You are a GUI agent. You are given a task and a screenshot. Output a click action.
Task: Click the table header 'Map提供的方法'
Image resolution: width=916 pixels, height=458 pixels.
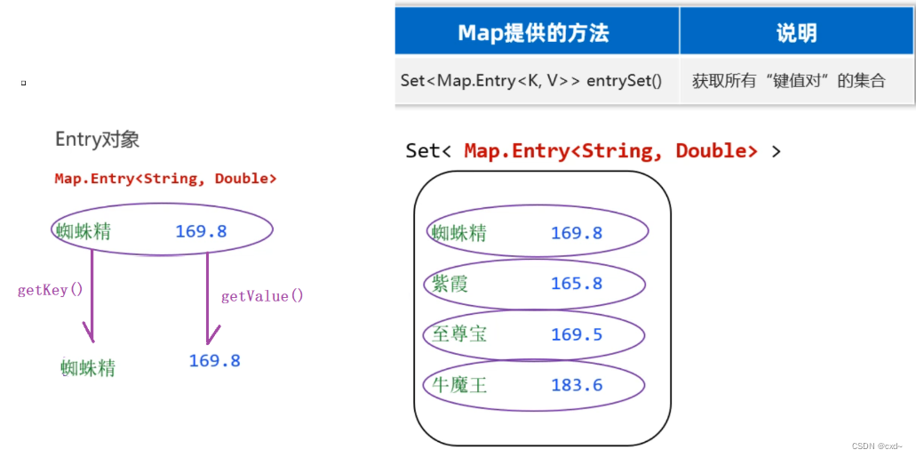(x=533, y=34)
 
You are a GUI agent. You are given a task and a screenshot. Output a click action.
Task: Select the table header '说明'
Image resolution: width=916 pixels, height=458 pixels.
(x=796, y=34)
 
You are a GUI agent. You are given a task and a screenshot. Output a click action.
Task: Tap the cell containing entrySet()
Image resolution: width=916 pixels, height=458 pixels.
(x=531, y=80)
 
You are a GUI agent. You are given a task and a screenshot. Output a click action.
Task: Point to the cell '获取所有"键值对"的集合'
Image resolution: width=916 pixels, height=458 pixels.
(x=789, y=80)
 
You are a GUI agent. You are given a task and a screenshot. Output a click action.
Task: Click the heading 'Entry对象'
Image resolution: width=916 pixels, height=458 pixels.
(x=97, y=140)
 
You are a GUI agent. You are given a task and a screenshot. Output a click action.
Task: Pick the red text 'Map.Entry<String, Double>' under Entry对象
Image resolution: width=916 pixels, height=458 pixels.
(x=165, y=179)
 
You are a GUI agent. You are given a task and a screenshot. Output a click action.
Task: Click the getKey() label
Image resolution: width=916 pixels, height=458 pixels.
(x=50, y=290)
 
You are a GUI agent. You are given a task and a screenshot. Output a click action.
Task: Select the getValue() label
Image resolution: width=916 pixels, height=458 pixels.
(x=262, y=296)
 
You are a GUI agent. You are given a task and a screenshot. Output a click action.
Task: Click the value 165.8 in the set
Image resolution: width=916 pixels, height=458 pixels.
(x=577, y=284)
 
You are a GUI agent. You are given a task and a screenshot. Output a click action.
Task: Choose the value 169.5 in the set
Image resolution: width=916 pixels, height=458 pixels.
(x=577, y=334)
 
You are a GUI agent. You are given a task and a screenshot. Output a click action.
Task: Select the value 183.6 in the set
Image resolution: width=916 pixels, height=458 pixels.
(x=577, y=385)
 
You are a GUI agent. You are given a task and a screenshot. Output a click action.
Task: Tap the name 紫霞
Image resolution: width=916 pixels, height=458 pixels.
(x=450, y=284)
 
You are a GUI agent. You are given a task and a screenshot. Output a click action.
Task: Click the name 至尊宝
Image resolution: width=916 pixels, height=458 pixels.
(x=459, y=334)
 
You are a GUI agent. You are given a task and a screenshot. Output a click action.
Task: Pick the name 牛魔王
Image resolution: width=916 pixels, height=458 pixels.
(x=459, y=385)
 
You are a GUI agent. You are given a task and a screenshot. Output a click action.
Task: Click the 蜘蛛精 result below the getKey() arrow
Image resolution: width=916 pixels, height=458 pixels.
(x=88, y=367)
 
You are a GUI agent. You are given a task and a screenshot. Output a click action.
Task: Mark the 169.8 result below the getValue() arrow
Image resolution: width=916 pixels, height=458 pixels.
(x=214, y=361)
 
